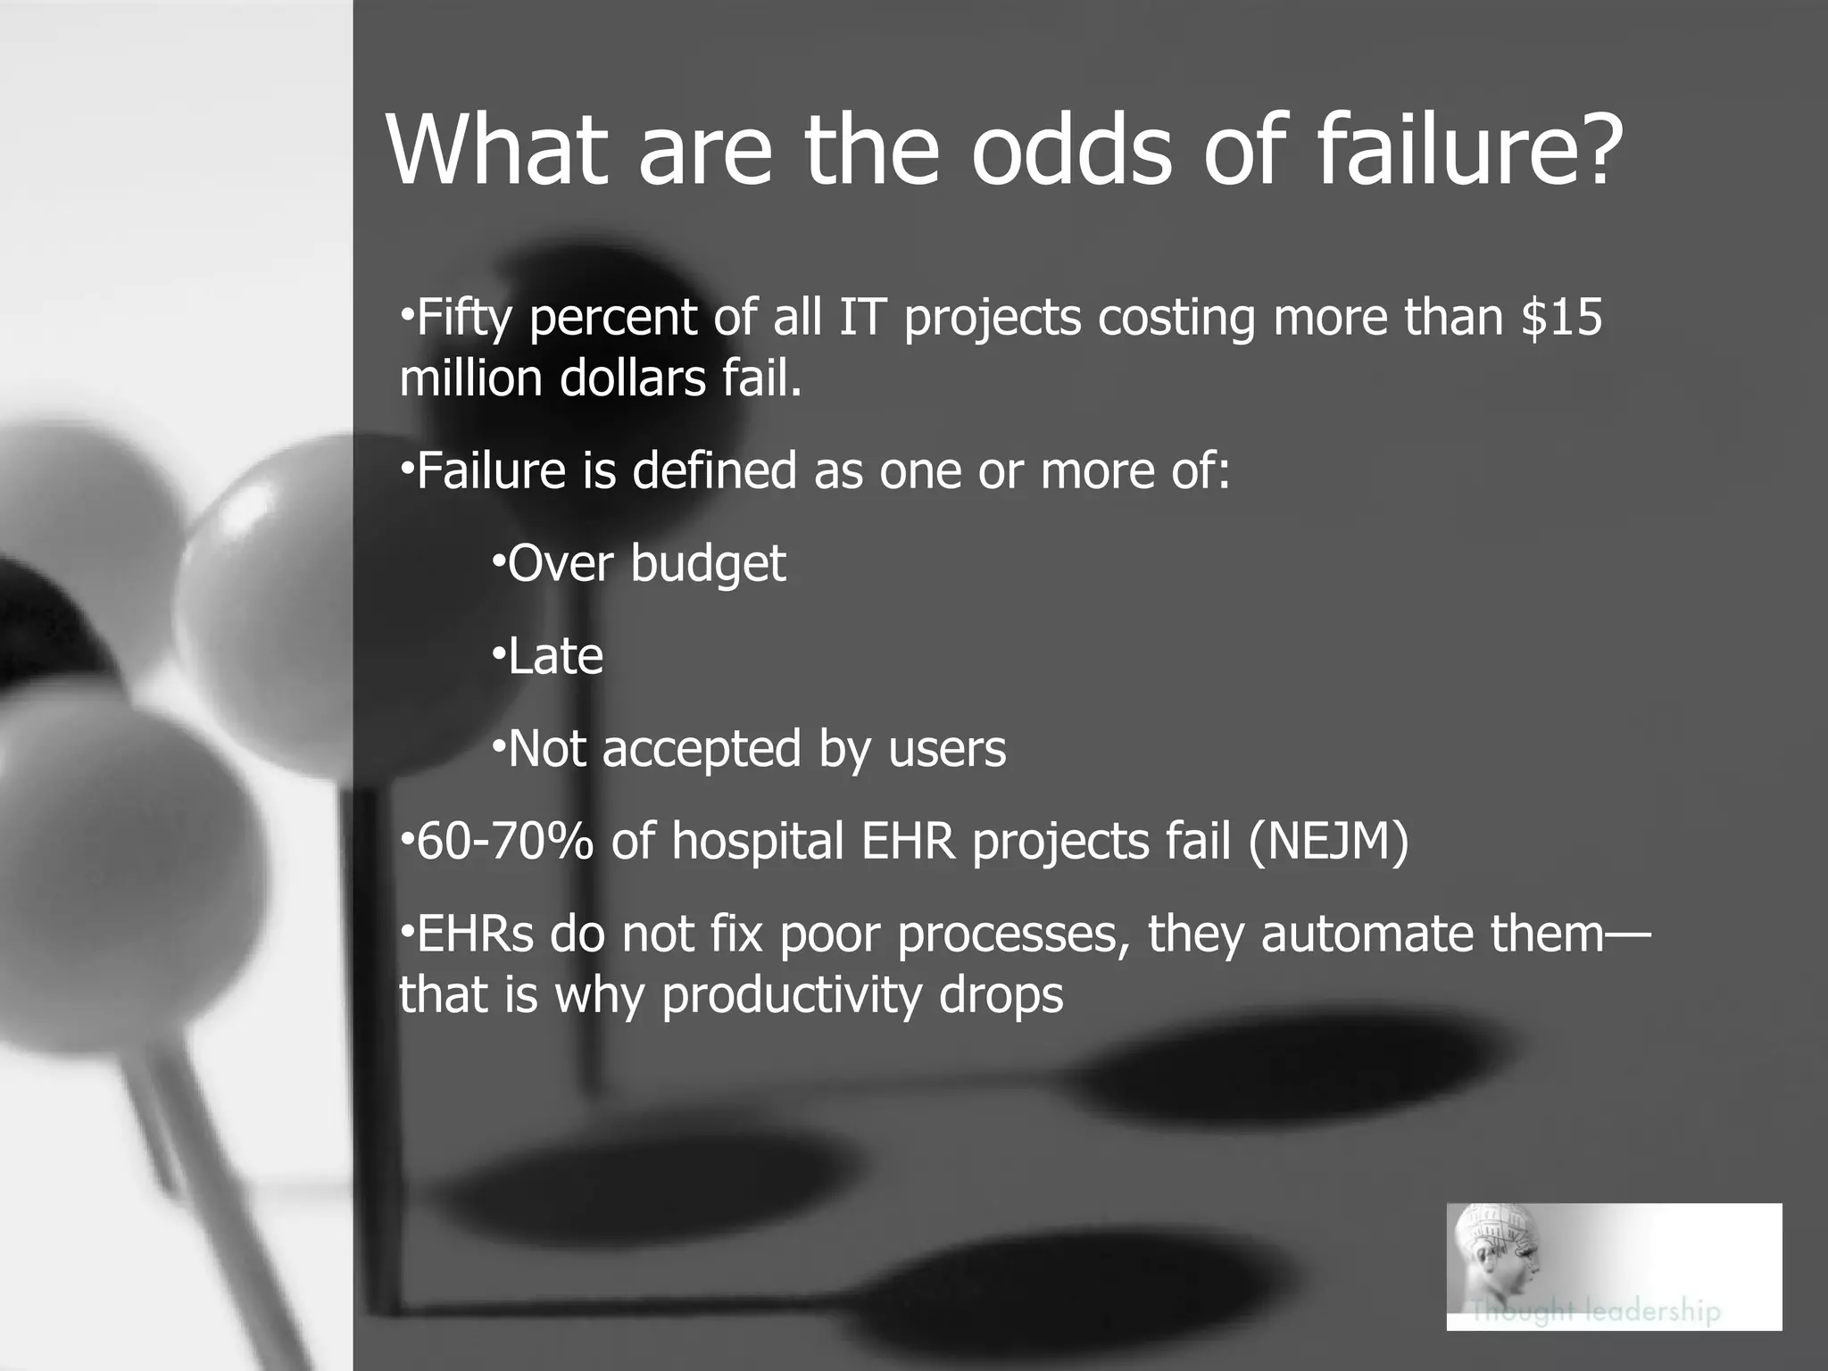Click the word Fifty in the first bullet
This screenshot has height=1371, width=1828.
463,319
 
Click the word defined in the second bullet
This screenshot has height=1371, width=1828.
714,470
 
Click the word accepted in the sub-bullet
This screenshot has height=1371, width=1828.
702,750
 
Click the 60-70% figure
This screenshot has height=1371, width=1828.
505,842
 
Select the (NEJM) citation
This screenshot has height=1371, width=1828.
1328,842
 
